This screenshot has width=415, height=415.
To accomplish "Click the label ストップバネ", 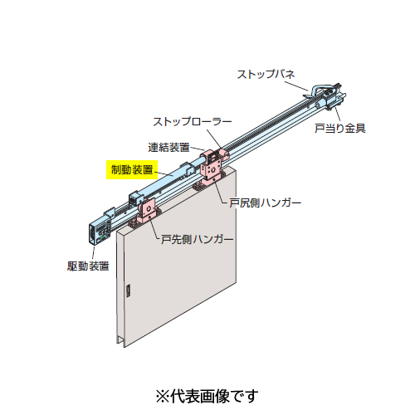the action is pyautogui.click(x=266, y=74).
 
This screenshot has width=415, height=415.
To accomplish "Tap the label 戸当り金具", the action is pyautogui.click(x=340, y=128).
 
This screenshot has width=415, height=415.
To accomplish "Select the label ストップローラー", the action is pyautogui.click(x=193, y=122).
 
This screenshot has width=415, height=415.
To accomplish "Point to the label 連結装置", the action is pyautogui.click(x=168, y=148).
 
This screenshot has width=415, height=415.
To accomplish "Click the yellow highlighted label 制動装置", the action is pyautogui.click(x=132, y=169).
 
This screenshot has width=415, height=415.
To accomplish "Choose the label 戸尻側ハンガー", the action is pyautogui.click(x=266, y=203).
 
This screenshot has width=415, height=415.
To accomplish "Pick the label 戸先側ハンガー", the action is pyautogui.click(x=198, y=239).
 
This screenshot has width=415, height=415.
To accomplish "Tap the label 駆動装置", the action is pyautogui.click(x=88, y=266).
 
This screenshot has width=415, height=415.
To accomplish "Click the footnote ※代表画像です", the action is pyautogui.click(x=207, y=396).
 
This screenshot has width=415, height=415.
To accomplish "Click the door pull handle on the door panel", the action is pyautogui.click(x=128, y=290).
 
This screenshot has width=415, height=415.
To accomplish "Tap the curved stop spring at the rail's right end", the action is pyautogui.click(x=322, y=88).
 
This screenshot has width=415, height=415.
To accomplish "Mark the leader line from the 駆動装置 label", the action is pyautogui.click(x=93, y=252).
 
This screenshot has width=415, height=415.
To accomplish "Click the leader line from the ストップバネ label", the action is pyautogui.click(x=296, y=85).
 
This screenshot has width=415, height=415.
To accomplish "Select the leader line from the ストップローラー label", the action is pyautogui.click(x=214, y=139).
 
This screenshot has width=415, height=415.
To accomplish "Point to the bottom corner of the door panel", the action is pyautogui.click(x=124, y=347).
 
